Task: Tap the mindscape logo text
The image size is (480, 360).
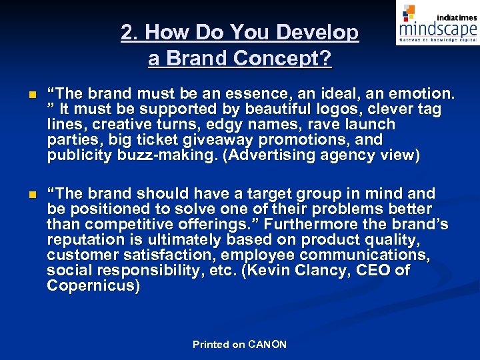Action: pyautogui.click(x=437, y=29)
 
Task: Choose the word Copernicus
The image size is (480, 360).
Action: pyautogui.click(x=91, y=286)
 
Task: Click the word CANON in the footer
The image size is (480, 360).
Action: pyautogui.click(x=267, y=345)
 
